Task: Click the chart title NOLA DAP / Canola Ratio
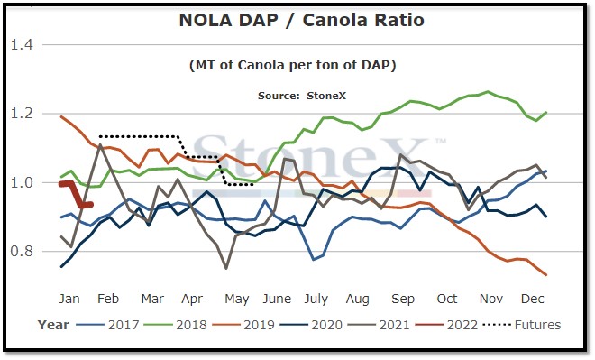[301, 20]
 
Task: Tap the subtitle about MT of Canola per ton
[293, 65]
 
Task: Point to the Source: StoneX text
[302, 96]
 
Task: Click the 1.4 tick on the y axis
[22, 45]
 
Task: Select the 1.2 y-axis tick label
[22, 114]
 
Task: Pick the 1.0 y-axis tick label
[22, 182]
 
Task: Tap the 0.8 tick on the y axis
[22, 252]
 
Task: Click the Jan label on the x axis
[69, 299]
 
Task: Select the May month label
[237, 300]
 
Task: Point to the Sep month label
[403, 300]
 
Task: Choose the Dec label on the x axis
[533, 299]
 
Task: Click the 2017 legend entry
[107, 325]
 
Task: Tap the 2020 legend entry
[311, 325]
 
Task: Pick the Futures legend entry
[522, 325]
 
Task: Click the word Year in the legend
[53, 325]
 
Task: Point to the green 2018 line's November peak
[488, 91]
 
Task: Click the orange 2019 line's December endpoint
[546, 274]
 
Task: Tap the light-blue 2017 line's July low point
[314, 260]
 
